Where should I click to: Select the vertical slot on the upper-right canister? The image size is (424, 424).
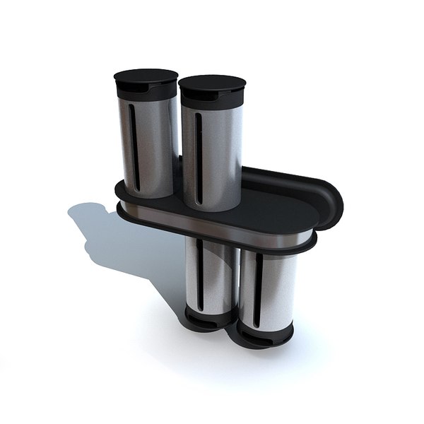point(199,152)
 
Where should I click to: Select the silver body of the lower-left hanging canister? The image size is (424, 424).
point(216,276)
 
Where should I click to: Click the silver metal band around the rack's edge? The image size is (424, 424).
point(212,226)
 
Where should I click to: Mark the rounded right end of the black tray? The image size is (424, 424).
point(329,201)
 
